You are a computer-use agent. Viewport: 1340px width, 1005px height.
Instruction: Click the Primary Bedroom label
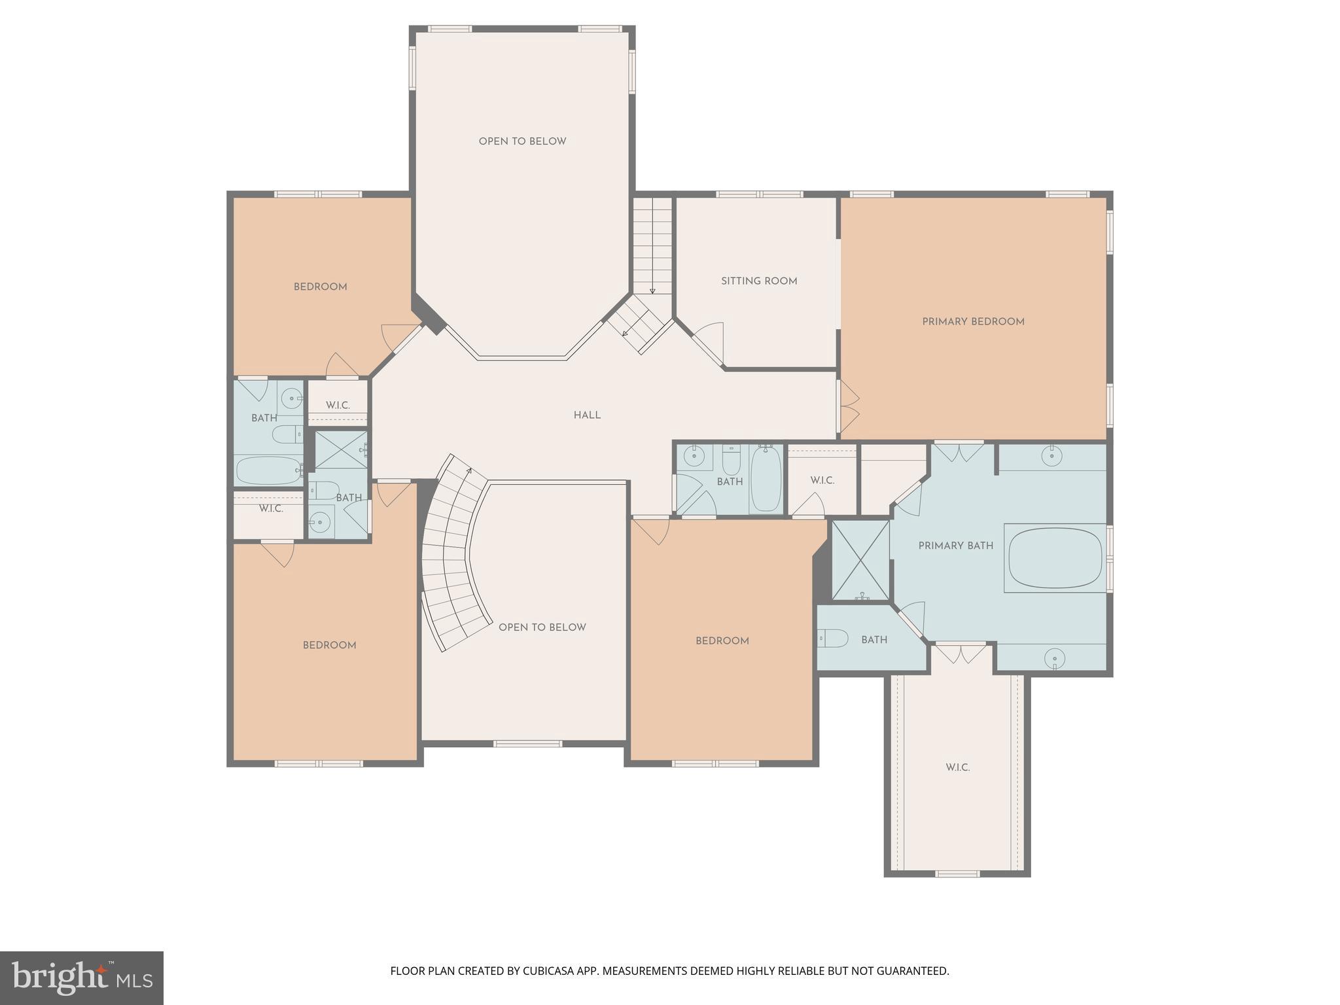(x=973, y=321)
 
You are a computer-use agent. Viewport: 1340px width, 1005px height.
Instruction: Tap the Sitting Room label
(x=759, y=281)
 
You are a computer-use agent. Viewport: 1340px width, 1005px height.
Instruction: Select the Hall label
(x=587, y=415)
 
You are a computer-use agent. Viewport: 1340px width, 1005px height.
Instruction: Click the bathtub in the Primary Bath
(x=1055, y=558)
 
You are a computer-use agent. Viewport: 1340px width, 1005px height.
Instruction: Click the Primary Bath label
(x=955, y=546)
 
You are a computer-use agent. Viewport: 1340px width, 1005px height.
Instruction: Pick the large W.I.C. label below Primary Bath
(x=957, y=767)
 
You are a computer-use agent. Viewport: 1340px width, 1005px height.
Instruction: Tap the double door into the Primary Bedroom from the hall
(x=848, y=406)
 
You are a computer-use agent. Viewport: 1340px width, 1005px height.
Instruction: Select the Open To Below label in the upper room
(x=522, y=141)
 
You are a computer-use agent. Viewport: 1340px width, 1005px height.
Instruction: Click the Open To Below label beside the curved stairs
(x=542, y=627)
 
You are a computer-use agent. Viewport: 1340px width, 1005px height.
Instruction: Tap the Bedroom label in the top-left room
(x=320, y=287)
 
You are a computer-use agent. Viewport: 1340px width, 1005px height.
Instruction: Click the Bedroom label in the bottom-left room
(x=329, y=645)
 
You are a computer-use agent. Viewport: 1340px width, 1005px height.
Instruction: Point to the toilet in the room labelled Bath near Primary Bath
(x=833, y=638)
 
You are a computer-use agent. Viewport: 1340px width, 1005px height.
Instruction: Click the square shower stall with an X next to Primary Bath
(x=860, y=560)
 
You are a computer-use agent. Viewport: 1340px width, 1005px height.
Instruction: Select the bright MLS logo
(x=81, y=978)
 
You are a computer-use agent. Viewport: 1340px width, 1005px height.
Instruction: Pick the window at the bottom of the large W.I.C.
(x=957, y=873)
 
